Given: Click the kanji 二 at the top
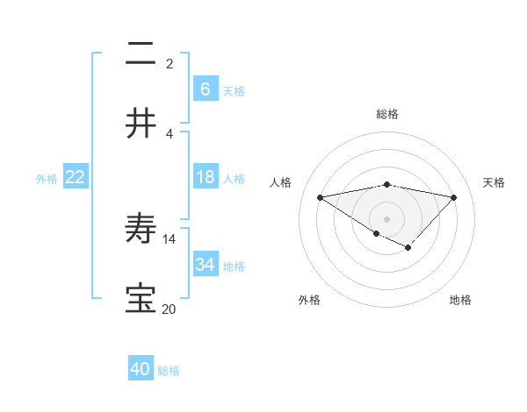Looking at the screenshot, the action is pyautogui.click(x=141, y=54).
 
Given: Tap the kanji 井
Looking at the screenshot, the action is pyautogui.click(x=141, y=123).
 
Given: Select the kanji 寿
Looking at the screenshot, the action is pyautogui.click(x=141, y=229).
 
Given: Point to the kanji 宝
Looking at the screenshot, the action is pyautogui.click(x=141, y=298).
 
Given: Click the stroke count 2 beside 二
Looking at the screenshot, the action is pyautogui.click(x=170, y=63).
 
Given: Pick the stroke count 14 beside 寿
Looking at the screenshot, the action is pyautogui.click(x=170, y=238).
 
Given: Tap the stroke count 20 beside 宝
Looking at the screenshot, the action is pyautogui.click(x=170, y=309).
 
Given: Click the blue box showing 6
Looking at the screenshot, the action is pyautogui.click(x=206, y=89).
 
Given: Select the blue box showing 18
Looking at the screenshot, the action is pyautogui.click(x=206, y=177).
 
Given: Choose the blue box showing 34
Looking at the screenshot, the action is pyautogui.click(x=206, y=264).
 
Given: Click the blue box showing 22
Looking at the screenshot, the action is pyautogui.click(x=76, y=177).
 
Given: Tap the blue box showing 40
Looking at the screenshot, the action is pyautogui.click(x=141, y=369).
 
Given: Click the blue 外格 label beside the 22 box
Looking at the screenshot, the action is pyautogui.click(x=47, y=179).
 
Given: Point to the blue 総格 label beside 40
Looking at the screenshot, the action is pyautogui.click(x=169, y=371).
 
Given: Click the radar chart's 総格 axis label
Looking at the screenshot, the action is pyautogui.click(x=387, y=114).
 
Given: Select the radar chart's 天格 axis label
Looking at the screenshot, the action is pyautogui.click(x=495, y=182).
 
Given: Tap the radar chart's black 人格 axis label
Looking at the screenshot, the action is pyautogui.click(x=281, y=182).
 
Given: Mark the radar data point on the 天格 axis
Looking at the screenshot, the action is pyautogui.click(x=454, y=196).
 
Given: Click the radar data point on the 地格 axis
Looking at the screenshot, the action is pyautogui.click(x=408, y=247).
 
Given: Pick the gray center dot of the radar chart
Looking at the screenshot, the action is pyautogui.click(x=386, y=218).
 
